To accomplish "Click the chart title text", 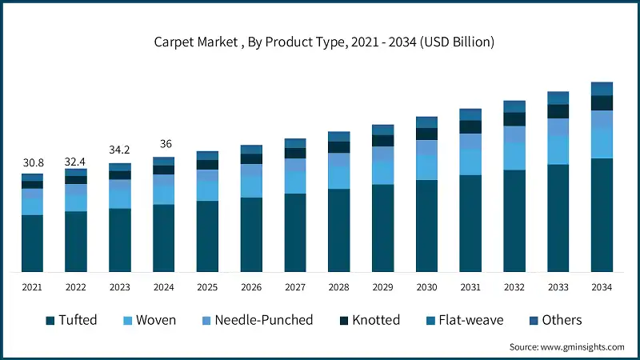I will coord(324,42).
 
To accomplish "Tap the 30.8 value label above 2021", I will coord(32,162).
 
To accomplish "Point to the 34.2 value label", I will coord(120,150).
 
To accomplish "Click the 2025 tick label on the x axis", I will coord(207,287).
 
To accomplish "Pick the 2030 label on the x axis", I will coord(426,287).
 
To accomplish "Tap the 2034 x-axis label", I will coord(602,287).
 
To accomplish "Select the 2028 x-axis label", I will coord(338,287).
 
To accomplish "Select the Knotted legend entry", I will coord(368,320).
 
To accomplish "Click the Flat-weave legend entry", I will coord(469,320).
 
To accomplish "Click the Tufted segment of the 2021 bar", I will coord(32,243).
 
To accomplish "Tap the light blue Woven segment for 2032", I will coord(514,156).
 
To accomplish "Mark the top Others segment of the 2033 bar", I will coord(558,98).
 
